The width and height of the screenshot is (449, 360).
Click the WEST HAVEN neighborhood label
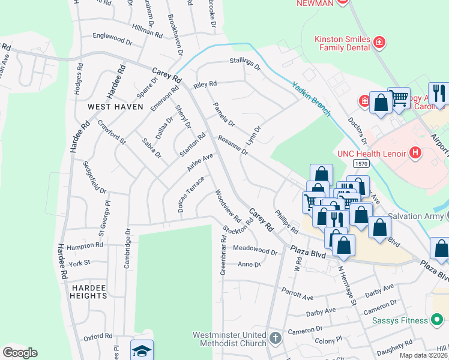point(116,107)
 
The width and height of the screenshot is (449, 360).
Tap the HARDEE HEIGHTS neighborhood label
point(89,291)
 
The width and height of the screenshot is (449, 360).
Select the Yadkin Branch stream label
point(312,98)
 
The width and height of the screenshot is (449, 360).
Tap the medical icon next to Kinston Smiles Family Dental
point(379,42)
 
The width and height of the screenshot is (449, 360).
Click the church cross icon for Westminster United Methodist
point(275,338)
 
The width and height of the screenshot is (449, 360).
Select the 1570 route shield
point(360,163)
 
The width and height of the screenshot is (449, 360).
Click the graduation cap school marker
point(142,350)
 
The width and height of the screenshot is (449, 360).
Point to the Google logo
point(19,353)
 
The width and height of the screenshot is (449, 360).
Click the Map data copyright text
point(423,355)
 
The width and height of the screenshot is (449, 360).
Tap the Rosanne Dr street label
point(233,145)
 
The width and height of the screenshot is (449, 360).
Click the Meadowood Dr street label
point(255,250)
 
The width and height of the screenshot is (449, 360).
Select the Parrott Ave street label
point(298,293)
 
